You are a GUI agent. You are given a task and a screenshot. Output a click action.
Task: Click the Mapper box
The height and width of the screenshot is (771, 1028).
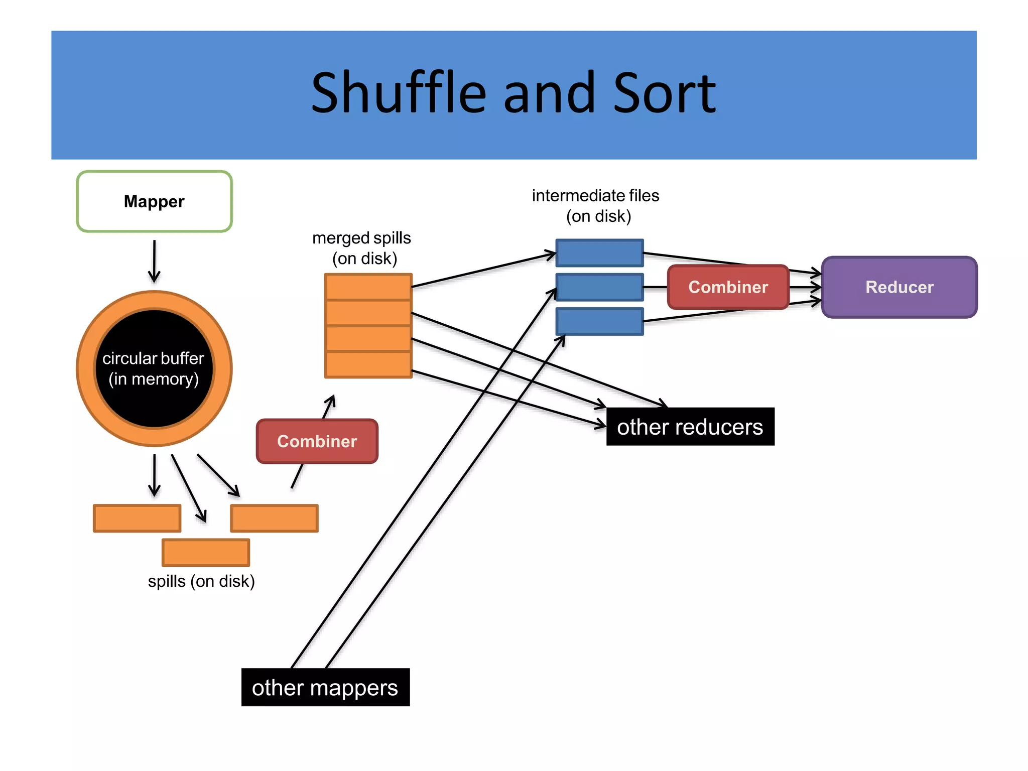pyautogui.click(x=154, y=201)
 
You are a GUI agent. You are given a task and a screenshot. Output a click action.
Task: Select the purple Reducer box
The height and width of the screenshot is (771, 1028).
pyautogui.click(x=899, y=287)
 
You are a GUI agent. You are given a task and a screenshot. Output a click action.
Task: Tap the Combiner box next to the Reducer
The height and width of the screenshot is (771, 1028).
pyautogui.click(x=728, y=287)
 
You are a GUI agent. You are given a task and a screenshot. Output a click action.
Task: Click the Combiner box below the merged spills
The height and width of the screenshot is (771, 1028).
pyautogui.click(x=317, y=441)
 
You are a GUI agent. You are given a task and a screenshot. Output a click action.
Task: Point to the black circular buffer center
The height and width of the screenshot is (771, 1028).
pyautogui.click(x=154, y=369)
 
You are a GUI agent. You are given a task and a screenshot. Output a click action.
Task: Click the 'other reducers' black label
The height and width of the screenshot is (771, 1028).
pyautogui.click(x=690, y=427)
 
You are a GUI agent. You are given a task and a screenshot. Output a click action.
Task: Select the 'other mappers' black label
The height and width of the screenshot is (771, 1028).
pyautogui.click(x=325, y=687)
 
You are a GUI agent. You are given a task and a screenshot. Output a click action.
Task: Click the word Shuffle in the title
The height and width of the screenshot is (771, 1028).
pyautogui.click(x=399, y=93)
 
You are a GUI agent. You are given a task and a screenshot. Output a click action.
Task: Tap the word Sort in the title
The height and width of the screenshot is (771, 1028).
pyautogui.click(x=664, y=93)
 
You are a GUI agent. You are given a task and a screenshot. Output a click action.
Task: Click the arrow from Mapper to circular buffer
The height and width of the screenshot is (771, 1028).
pyautogui.click(x=154, y=261)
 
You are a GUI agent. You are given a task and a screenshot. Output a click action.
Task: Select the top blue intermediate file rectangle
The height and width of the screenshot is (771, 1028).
pyautogui.click(x=599, y=253)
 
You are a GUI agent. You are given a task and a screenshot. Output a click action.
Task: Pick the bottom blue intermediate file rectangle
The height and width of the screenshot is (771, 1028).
pyautogui.click(x=599, y=321)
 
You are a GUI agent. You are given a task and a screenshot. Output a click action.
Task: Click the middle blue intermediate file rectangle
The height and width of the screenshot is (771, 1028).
pyautogui.click(x=599, y=287)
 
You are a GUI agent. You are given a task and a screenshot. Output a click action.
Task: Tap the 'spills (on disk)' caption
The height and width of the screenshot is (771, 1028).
pyautogui.click(x=201, y=581)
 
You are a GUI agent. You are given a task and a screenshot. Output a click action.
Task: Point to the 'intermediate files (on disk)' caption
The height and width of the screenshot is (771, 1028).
pyautogui.click(x=596, y=206)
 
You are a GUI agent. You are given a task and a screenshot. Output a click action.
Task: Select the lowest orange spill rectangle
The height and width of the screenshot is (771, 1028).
pyautogui.click(x=206, y=552)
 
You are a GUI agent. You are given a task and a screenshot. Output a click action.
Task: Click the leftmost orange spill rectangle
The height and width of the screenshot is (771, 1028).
pyautogui.click(x=137, y=518)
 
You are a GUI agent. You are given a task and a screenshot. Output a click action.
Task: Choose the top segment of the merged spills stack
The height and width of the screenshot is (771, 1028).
pyautogui.click(x=368, y=287)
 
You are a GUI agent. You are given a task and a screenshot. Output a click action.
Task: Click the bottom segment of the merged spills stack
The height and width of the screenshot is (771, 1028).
pyautogui.click(x=368, y=364)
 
